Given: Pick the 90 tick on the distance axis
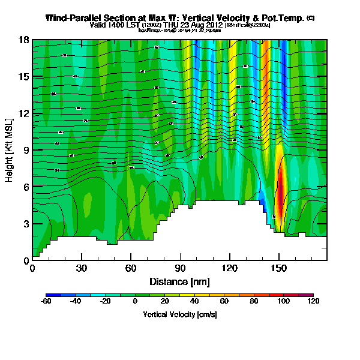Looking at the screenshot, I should click(164, 268).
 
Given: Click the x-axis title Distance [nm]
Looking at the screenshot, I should click(179, 282).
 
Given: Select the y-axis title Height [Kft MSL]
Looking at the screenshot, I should click(10, 150).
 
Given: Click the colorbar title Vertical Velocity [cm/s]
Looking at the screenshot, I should click(179, 314).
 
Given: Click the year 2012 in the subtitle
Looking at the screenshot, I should click(213, 25).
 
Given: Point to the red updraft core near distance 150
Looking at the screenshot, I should click(278, 192).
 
